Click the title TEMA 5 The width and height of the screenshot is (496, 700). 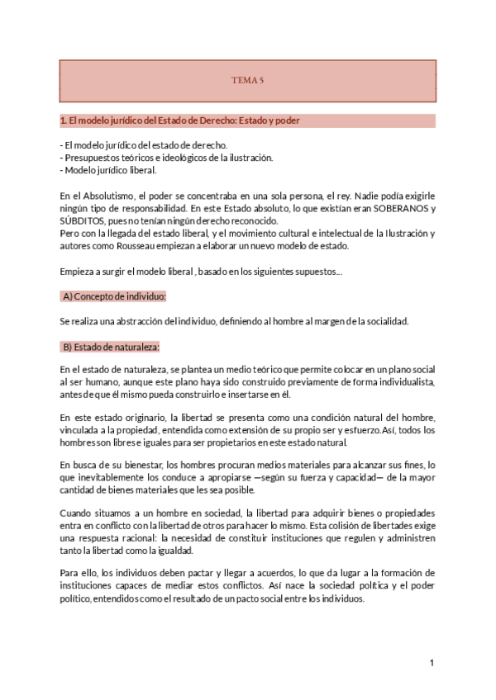[247, 81]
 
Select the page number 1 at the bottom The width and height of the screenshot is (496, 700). [432, 663]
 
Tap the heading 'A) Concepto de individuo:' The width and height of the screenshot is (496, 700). [114, 296]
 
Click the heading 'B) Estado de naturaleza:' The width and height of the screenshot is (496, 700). [111, 346]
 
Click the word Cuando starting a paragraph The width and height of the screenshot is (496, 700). [78, 515]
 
